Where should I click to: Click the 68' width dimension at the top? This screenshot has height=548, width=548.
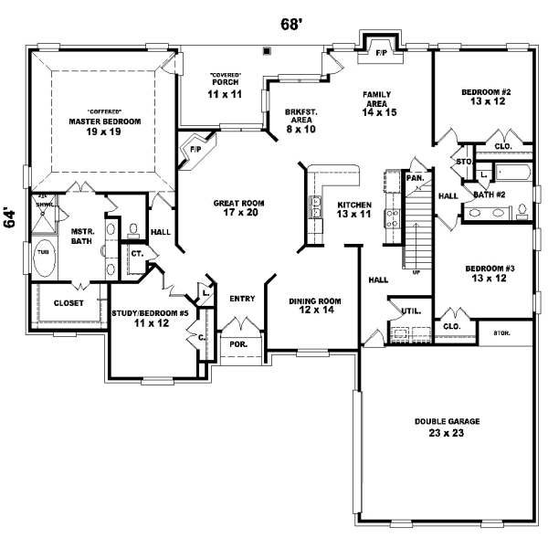(290, 25)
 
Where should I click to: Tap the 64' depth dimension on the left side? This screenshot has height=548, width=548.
(11, 217)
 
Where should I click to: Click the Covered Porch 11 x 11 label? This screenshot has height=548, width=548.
(224, 89)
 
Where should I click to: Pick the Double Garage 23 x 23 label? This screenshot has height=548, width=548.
(447, 427)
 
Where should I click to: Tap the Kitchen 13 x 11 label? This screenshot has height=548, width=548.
(354, 209)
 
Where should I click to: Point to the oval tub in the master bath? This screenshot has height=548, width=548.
(44, 258)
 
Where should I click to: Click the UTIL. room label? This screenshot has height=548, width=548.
(410, 311)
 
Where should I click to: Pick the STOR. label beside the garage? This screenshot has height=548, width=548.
(501, 332)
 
